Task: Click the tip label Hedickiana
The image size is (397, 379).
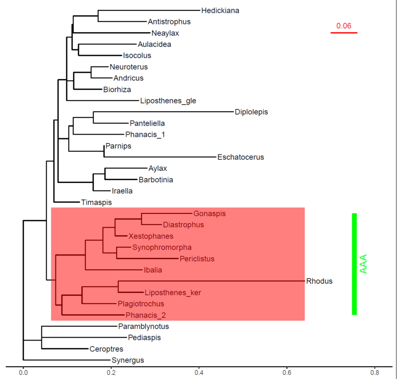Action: [220, 11]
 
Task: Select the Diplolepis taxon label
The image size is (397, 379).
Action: [251, 112]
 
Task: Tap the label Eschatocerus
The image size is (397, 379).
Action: [241, 157]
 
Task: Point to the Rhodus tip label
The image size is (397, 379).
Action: [319, 281]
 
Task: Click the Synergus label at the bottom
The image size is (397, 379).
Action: [128, 360]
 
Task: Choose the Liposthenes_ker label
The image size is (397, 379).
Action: [173, 293]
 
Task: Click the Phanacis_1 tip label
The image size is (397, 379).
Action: [145, 134]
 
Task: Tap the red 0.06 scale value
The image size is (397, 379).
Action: [344, 26]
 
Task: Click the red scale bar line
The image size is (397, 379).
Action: [344, 33]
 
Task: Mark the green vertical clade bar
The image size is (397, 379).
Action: [354, 264]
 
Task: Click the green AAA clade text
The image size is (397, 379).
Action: [364, 264]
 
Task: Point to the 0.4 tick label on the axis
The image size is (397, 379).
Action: [199, 372]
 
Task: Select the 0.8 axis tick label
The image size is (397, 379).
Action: [375, 372]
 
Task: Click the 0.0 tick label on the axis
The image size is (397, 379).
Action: [23, 372]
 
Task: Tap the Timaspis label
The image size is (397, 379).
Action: [96, 202]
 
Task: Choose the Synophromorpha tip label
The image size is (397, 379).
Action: [162, 248]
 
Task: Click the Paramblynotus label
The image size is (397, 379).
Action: [143, 326]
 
